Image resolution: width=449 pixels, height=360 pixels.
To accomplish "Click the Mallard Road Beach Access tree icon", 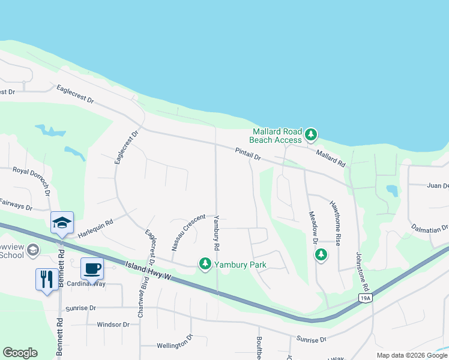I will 310,134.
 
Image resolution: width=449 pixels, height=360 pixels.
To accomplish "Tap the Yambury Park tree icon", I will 205,264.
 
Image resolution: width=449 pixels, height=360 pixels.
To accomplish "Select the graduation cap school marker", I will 62,222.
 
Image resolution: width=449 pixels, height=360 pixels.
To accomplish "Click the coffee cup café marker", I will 92,268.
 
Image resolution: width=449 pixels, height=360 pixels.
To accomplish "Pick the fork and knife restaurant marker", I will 47,279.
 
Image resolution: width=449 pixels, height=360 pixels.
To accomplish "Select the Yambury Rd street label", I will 217,233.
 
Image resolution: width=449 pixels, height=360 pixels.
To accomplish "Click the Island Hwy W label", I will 158,273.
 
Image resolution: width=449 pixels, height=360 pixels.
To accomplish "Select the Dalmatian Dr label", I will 430,228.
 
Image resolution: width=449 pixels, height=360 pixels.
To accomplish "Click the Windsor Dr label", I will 113,325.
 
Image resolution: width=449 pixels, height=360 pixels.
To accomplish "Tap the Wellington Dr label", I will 173,346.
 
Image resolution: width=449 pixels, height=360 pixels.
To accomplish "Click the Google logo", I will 20,353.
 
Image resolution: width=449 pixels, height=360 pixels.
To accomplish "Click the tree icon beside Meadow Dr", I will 321,255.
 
